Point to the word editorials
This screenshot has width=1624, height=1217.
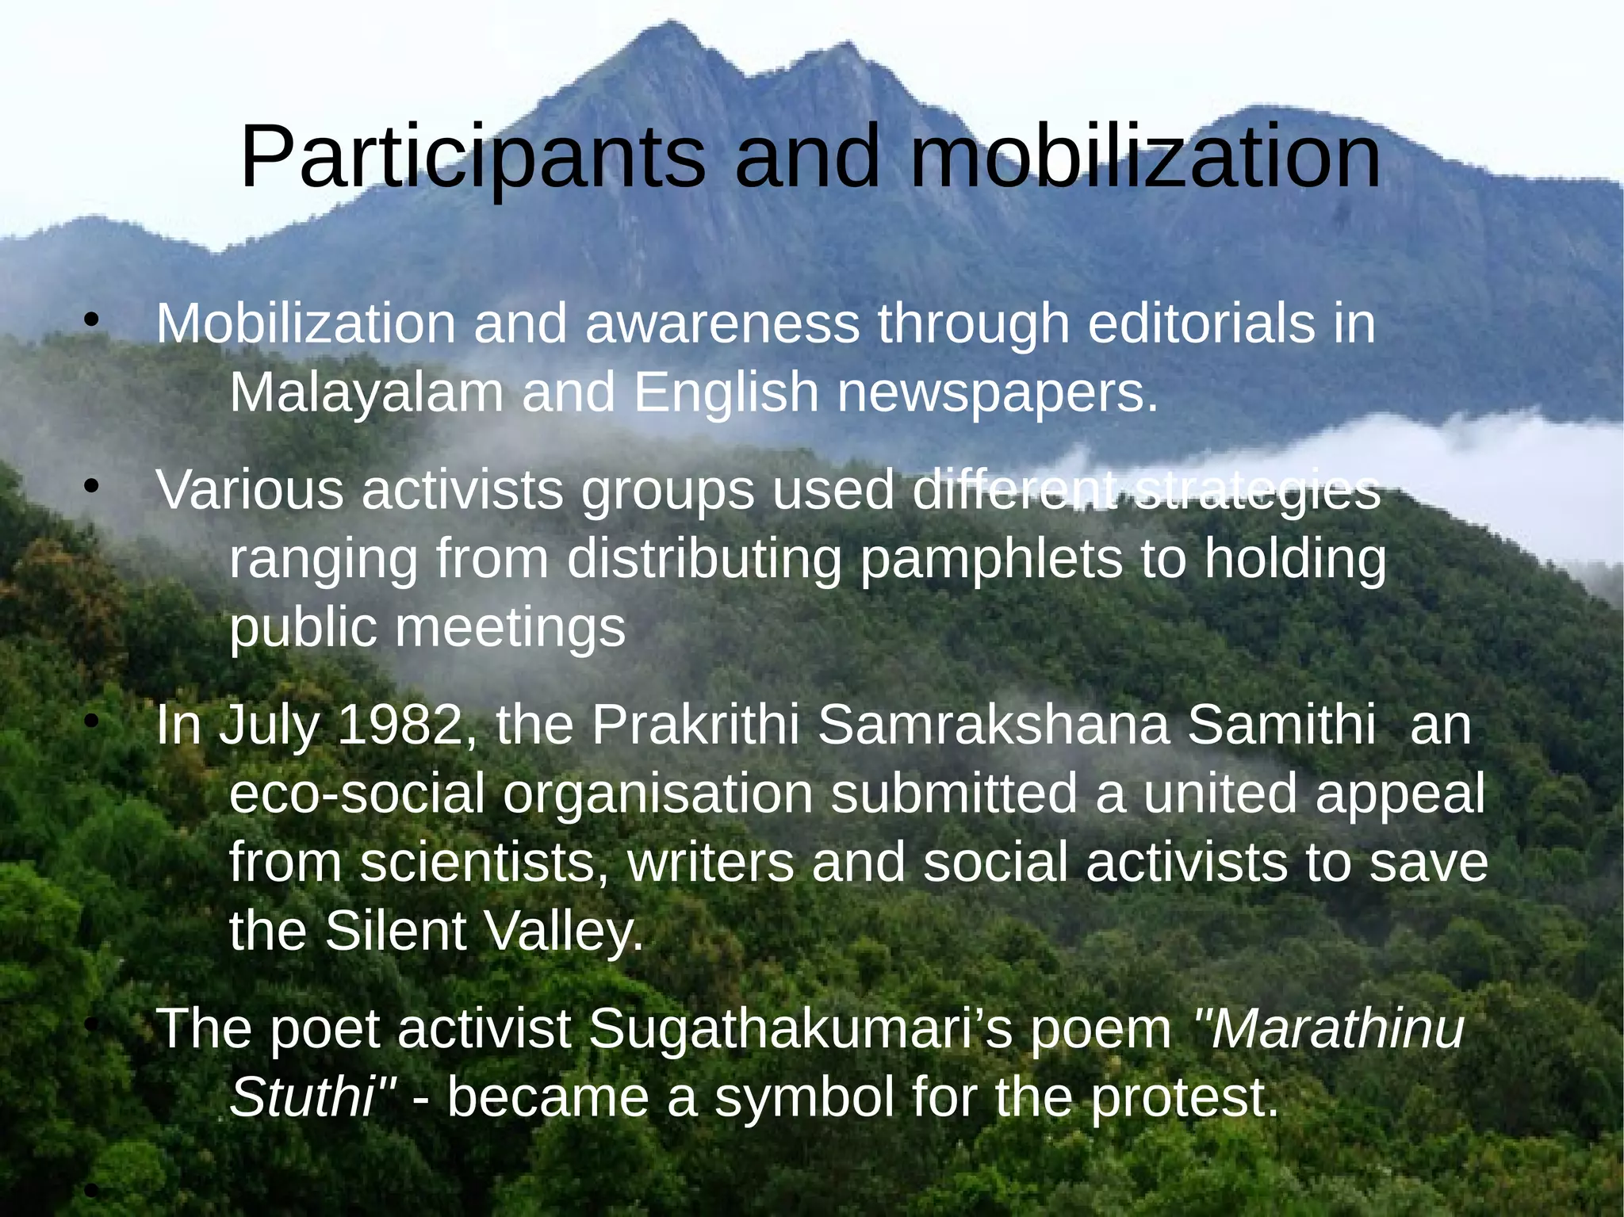point(1201,324)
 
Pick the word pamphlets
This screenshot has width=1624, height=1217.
point(991,560)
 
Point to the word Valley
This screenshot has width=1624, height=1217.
point(564,931)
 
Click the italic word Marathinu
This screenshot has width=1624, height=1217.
point(1328,1029)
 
